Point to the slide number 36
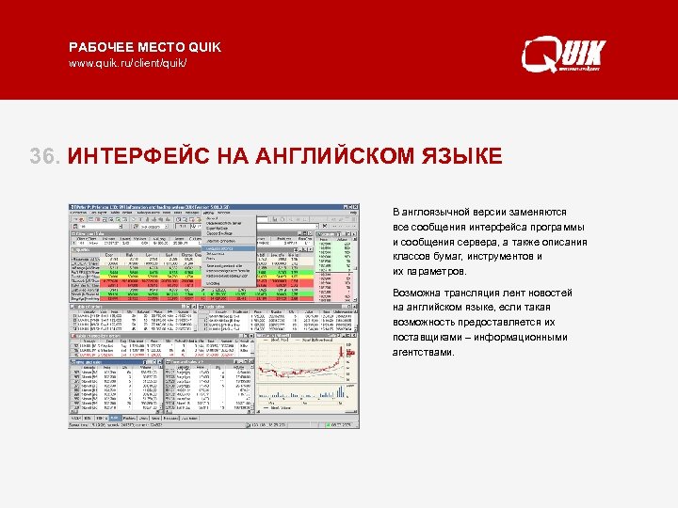pyautogui.click(x=44, y=155)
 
